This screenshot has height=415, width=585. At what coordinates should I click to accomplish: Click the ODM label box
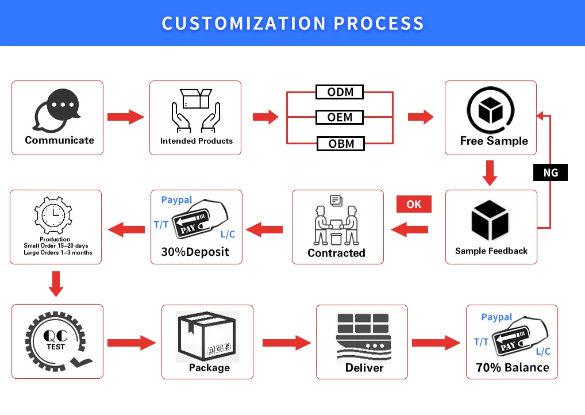click(x=340, y=92)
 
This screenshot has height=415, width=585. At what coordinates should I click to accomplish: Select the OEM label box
click(x=340, y=117)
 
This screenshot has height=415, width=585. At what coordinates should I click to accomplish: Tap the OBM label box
click(x=341, y=143)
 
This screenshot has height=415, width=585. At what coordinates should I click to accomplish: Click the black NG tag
click(x=550, y=172)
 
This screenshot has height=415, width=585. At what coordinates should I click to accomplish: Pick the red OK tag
click(x=414, y=204)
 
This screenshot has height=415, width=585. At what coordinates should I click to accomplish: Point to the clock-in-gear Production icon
click(x=55, y=215)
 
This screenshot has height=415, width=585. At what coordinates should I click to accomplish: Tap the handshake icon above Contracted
click(x=336, y=221)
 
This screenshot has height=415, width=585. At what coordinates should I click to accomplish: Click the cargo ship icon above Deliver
click(x=363, y=337)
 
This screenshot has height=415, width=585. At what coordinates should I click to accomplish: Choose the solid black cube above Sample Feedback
click(x=490, y=220)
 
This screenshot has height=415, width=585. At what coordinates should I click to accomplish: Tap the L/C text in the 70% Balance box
click(x=543, y=351)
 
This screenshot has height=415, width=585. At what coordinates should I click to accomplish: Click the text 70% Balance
click(x=512, y=368)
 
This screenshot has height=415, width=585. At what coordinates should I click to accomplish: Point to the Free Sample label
click(x=494, y=141)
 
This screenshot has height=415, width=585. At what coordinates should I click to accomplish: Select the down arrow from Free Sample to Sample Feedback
click(x=490, y=173)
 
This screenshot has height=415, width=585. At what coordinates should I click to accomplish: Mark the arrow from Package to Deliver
click(x=286, y=343)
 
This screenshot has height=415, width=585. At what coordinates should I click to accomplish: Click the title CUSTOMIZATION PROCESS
click(x=292, y=24)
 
